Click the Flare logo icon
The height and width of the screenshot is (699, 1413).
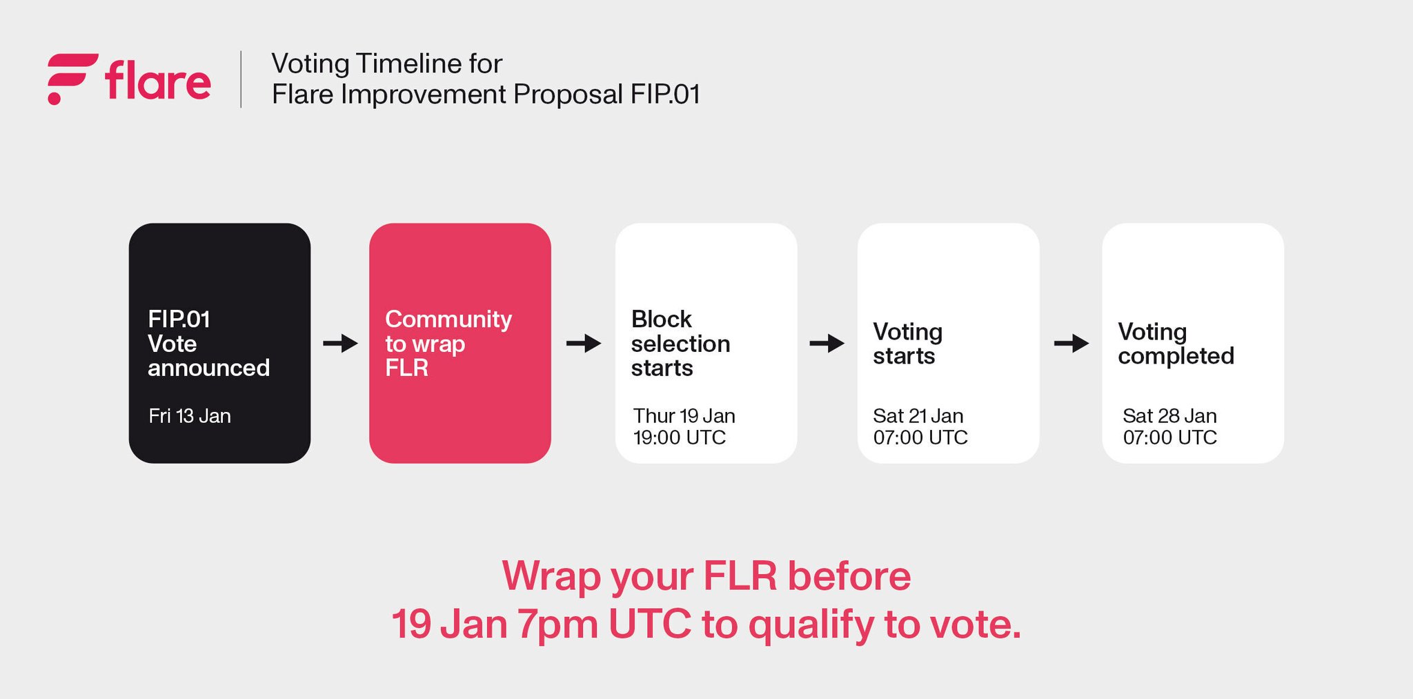pos(72,79)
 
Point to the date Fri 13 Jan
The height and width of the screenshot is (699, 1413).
pos(190,416)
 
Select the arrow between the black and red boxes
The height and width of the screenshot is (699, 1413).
pos(340,343)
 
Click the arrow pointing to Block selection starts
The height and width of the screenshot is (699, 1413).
pos(584,343)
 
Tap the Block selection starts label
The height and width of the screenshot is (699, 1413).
pos(680,343)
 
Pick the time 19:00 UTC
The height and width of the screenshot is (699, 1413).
pos(680,437)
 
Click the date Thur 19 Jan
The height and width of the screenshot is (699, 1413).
pos(684,416)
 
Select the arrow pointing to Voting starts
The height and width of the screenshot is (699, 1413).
pos(827,343)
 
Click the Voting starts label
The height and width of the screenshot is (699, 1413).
pos(907,344)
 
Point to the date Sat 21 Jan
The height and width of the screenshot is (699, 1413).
pos(918,416)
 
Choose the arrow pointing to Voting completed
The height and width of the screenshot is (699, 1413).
pos(1071,343)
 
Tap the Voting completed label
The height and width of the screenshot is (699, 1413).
pos(1176,344)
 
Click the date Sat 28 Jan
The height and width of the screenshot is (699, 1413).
pos(1169,416)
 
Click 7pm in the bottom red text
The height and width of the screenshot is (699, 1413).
pos(557,624)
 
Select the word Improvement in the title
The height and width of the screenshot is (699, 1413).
pos(423,95)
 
